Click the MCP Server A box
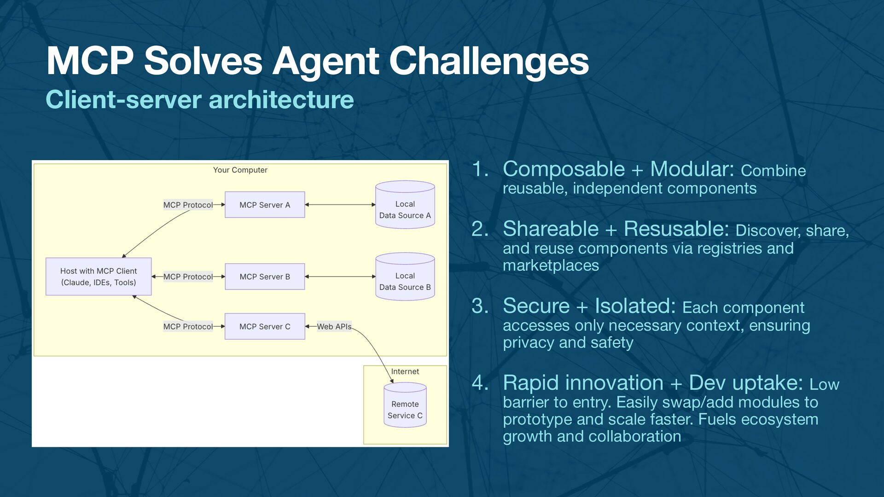click(x=265, y=205)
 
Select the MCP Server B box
click(x=265, y=277)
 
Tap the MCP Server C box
click(x=265, y=326)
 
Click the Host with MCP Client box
click(x=99, y=277)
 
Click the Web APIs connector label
click(x=334, y=326)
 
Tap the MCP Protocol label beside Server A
click(x=188, y=205)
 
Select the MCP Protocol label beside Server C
click(x=188, y=326)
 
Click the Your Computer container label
click(x=240, y=170)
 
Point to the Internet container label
click(x=405, y=371)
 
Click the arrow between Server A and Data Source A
click(x=340, y=205)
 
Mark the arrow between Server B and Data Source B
click(x=340, y=277)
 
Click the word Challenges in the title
click(x=489, y=61)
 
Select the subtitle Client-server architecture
click(x=200, y=100)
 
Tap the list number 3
click(x=480, y=306)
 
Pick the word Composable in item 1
click(x=564, y=169)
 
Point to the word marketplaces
click(x=551, y=266)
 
